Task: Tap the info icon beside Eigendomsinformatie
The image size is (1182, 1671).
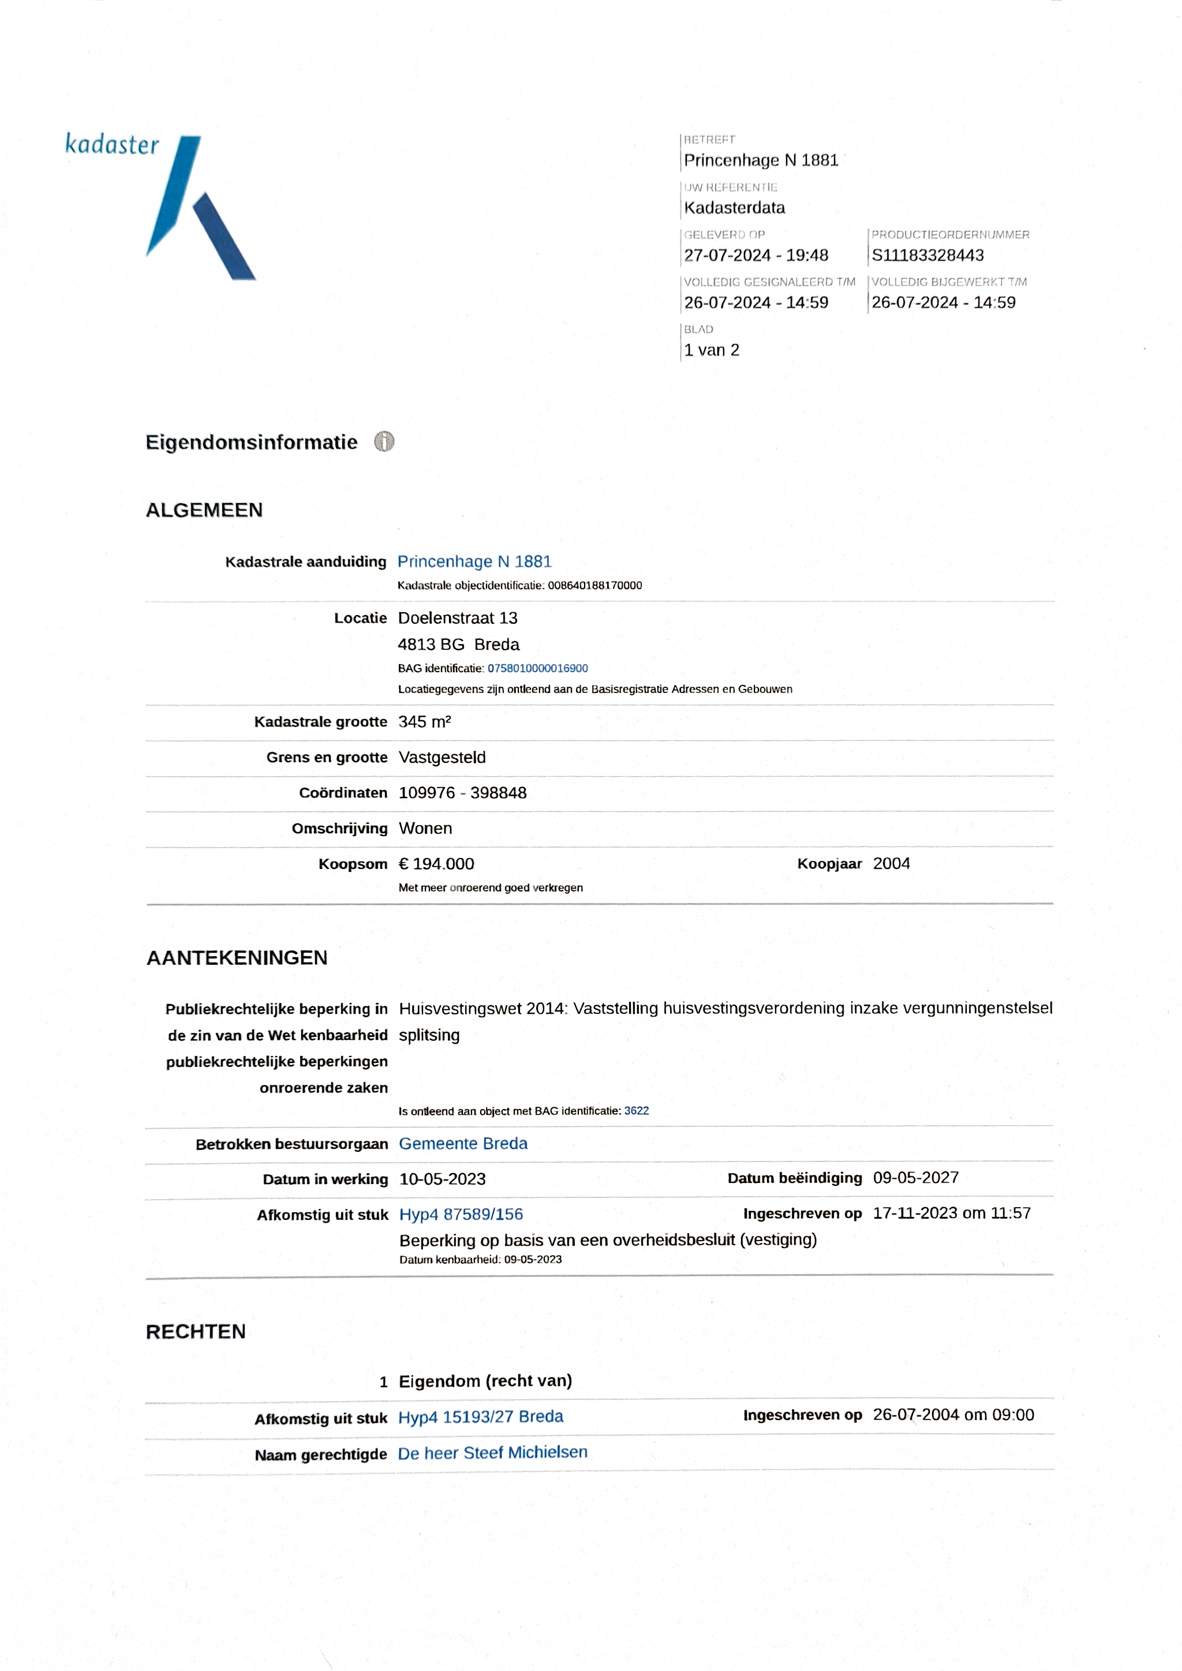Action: (384, 442)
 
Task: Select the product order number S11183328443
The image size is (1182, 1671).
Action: (927, 256)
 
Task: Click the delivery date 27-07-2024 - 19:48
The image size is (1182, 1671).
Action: (755, 256)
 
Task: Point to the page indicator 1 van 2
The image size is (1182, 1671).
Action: (711, 350)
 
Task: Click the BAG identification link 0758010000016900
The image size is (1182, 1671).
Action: (537, 668)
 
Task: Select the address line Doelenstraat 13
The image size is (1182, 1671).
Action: (457, 618)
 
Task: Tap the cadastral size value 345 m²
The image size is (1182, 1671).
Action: (424, 722)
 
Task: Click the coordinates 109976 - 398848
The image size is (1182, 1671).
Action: (462, 793)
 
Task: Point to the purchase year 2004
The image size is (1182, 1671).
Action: (891, 863)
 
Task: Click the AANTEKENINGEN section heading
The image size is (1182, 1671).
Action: (237, 958)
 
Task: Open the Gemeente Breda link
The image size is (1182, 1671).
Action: (463, 1144)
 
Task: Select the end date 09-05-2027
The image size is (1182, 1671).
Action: (915, 1178)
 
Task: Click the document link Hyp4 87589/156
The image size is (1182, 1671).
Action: (461, 1214)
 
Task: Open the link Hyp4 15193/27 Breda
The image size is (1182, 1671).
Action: (480, 1417)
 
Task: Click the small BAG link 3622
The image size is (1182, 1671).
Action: (636, 1111)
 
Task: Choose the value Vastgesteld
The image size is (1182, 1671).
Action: (442, 758)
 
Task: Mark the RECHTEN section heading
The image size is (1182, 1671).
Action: (196, 1332)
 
